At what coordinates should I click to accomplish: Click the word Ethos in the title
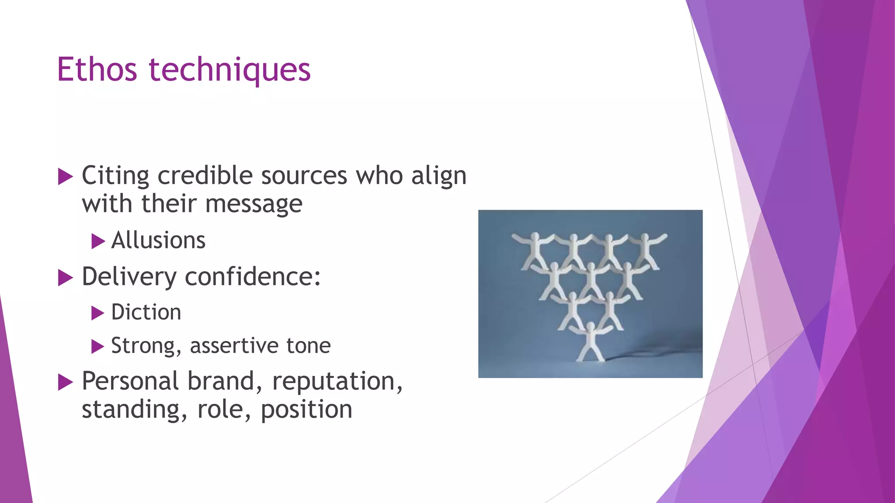97,70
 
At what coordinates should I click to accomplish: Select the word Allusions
158,240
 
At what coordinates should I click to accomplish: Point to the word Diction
146,312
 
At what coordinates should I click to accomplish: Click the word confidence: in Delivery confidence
253,277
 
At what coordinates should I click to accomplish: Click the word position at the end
306,410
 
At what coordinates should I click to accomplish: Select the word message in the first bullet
253,204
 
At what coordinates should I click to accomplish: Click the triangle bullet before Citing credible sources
65,177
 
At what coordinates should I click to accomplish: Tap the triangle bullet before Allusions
98,241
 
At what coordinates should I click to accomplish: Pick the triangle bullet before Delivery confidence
65,278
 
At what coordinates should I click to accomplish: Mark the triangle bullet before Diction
98,313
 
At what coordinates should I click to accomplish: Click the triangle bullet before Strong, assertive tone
98,347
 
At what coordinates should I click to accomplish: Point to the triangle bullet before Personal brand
65,382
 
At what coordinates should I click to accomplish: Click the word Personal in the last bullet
130,381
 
